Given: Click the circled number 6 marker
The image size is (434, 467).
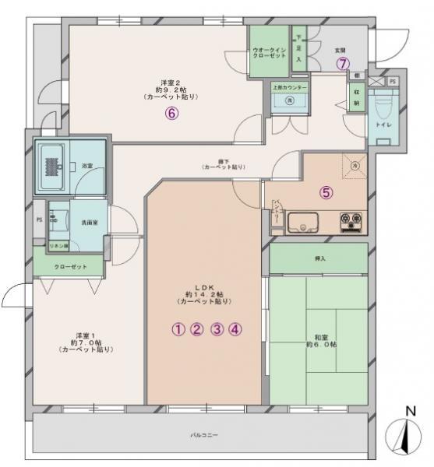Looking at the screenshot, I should pyautogui.click(x=172, y=112).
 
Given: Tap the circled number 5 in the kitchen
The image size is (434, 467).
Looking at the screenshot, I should pyautogui.click(x=326, y=192).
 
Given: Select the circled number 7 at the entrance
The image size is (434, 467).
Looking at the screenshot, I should pyautogui.click(x=341, y=64).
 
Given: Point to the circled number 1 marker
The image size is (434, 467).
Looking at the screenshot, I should pyautogui.click(x=178, y=328).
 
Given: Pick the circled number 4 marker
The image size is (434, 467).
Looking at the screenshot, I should pyautogui.click(x=236, y=328).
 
